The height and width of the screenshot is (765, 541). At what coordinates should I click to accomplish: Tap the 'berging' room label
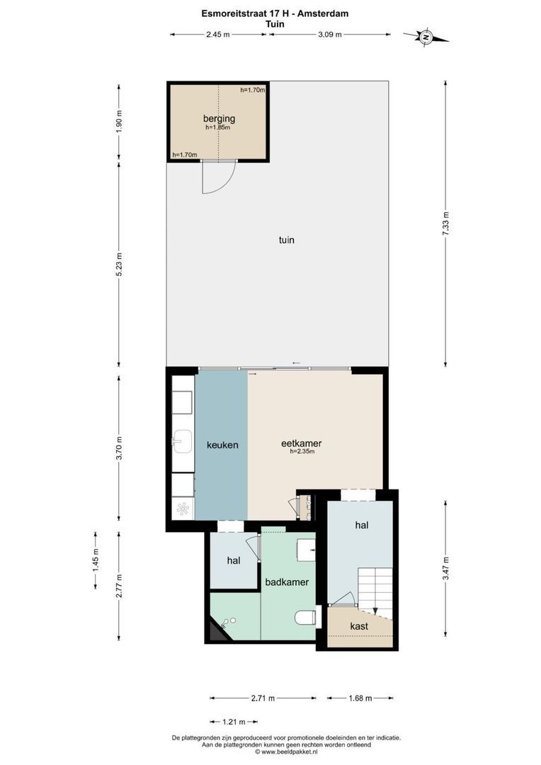click(x=219, y=118)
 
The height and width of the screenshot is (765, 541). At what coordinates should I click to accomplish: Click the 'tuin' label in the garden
click(x=286, y=240)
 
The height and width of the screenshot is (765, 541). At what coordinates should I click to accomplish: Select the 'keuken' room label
click(x=222, y=446)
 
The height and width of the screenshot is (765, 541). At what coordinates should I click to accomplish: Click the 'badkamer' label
click(x=287, y=582)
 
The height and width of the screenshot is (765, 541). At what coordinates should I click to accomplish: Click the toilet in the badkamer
click(x=304, y=618)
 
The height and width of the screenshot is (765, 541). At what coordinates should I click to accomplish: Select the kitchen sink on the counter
click(x=181, y=443)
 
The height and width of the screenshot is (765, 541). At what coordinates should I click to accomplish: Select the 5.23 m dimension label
click(x=119, y=266)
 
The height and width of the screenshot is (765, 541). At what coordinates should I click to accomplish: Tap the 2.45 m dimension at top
click(x=217, y=33)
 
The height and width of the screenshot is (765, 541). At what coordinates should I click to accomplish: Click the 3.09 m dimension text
click(x=329, y=33)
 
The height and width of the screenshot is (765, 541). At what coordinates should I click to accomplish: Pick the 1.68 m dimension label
click(x=360, y=698)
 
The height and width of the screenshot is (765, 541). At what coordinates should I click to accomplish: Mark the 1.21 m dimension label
click(x=234, y=722)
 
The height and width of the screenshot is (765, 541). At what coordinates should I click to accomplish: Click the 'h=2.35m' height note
click(x=302, y=451)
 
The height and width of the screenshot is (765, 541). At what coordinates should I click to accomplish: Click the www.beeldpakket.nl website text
click(x=290, y=752)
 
